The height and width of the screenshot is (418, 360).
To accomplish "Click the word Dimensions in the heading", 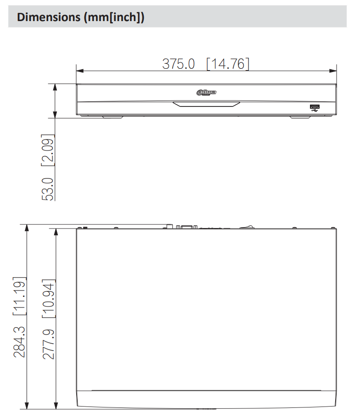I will [42, 17].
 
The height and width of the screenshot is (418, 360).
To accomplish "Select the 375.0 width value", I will [179, 64].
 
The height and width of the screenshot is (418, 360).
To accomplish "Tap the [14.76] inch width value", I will [228, 64].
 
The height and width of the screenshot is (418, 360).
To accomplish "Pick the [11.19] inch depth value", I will [19, 296].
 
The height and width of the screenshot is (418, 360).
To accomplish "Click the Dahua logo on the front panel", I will [206, 93].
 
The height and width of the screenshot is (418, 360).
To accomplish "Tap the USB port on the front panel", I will [315, 108].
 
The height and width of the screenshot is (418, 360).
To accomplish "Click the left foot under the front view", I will [112, 117].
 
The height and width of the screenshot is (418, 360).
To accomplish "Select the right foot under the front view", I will [300, 117].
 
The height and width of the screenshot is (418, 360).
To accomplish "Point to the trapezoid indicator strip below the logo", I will [206, 104].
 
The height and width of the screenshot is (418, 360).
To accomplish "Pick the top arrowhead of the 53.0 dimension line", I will [56, 87].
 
